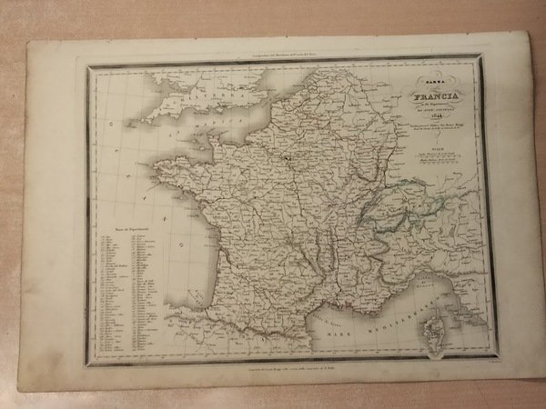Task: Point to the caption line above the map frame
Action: [273, 56]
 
